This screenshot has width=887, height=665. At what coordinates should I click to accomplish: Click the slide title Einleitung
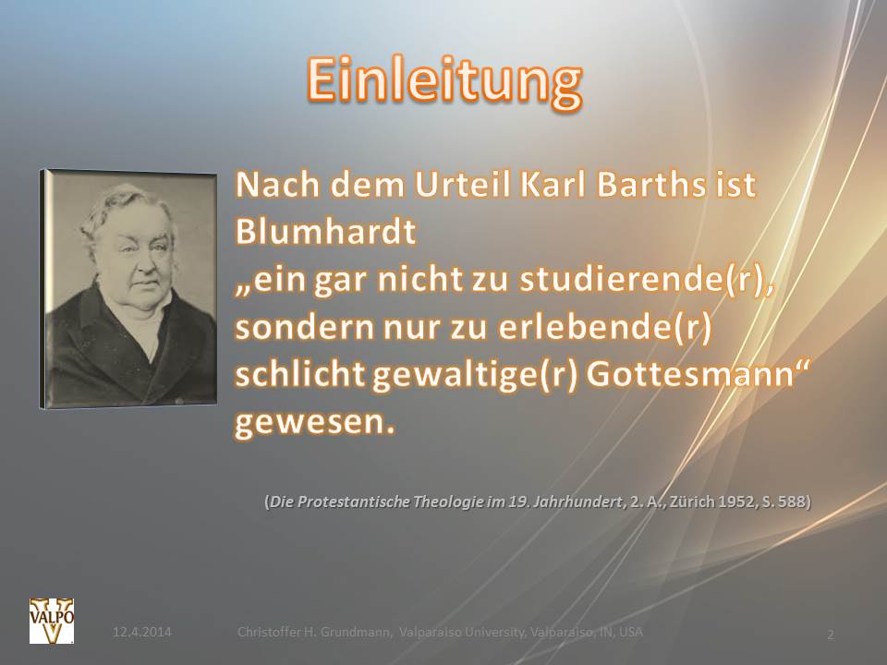click(443, 81)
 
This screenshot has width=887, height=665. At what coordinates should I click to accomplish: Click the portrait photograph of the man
click(130, 287)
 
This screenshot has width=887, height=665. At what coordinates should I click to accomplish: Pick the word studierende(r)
click(646, 282)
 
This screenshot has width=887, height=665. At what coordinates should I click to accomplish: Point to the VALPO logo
click(46, 619)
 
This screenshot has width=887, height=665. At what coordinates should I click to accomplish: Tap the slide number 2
click(831, 635)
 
